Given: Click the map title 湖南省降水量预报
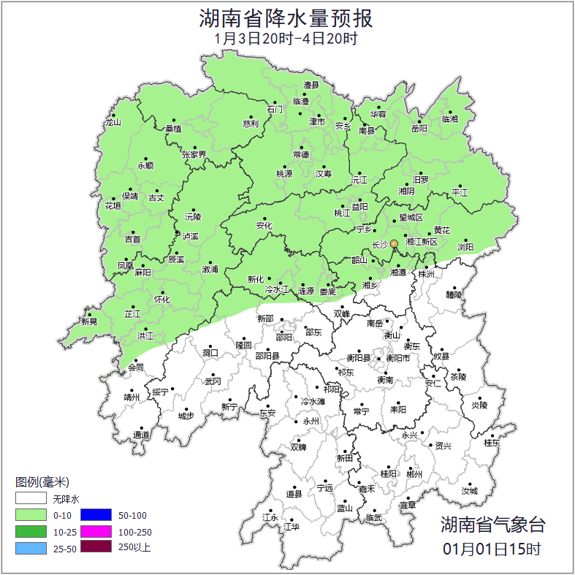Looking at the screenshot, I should pyautogui.click(x=286, y=17).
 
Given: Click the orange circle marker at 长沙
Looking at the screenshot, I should pyautogui.click(x=394, y=243).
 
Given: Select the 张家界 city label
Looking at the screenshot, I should pyautogui.click(x=194, y=155).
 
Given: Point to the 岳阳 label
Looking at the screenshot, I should pyautogui.click(x=419, y=129).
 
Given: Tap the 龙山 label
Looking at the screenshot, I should pyautogui.click(x=112, y=122).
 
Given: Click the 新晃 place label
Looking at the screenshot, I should pyautogui.click(x=89, y=321).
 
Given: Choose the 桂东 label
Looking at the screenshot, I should pyautogui.click(x=492, y=443).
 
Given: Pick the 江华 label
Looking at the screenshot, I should pyautogui.click(x=292, y=526).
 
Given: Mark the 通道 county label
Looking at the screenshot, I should pyautogui.click(x=140, y=435).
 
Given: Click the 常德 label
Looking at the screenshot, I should pyautogui.click(x=300, y=154).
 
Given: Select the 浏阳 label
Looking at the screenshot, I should pyautogui.click(x=465, y=247).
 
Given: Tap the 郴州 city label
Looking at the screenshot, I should pyautogui.click(x=414, y=474).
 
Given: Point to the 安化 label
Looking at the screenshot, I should pyautogui.click(x=264, y=226).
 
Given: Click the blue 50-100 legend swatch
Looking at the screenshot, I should pyautogui.click(x=96, y=515).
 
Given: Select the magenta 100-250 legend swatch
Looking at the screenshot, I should pyautogui.click(x=96, y=531).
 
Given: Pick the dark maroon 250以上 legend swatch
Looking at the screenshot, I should pyautogui.click(x=96, y=547).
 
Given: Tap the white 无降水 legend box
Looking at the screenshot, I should pyautogui.click(x=31, y=500).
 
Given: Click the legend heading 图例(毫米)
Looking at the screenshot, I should pyautogui.click(x=42, y=482).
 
